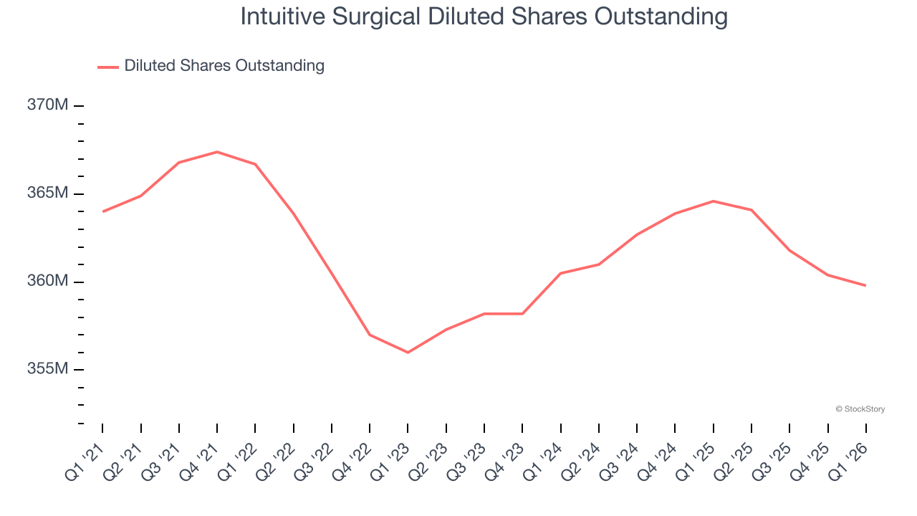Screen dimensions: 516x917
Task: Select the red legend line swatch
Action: point(108,67)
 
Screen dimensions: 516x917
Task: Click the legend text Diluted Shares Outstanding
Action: point(224,66)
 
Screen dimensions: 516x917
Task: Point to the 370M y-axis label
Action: point(48,105)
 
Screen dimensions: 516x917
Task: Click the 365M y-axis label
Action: point(48,193)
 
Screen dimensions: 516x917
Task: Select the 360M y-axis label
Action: point(48,281)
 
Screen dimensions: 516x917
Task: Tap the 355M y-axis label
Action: point(48,369)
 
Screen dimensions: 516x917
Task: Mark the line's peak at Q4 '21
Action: point(217,152)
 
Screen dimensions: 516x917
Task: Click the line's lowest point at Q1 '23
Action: point(408,353)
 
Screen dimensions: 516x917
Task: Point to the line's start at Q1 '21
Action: point(102,211)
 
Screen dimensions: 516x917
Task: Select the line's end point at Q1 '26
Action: point(865,285)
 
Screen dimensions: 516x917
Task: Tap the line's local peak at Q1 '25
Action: point(713,201)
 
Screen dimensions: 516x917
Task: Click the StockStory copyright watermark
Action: point(860,409)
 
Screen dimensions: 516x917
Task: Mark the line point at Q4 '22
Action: point(370,335)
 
